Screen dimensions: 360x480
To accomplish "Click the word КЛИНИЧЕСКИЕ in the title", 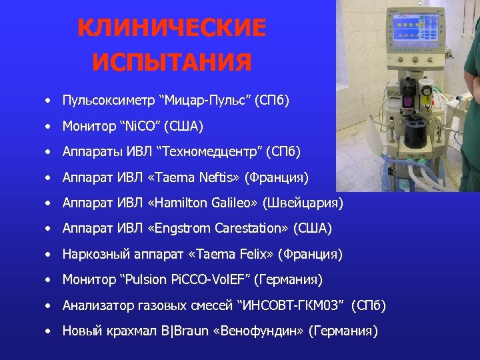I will pos(171,29).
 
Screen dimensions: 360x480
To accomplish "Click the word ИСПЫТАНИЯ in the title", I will pos(171,63).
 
